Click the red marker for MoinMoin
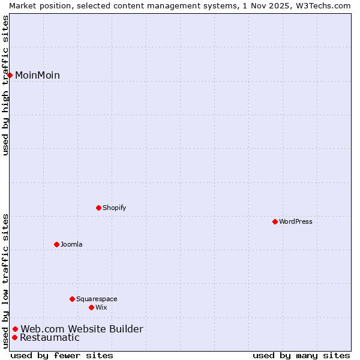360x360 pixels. pos(10,75)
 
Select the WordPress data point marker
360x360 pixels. pos(275,221)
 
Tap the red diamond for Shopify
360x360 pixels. pos(99,208)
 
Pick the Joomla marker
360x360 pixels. pos(57,244)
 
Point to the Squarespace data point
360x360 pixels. pos(73,299)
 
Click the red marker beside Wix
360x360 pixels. pos(92,307)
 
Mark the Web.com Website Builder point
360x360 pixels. pos(16,329)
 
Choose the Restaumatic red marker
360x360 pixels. pos(14,337)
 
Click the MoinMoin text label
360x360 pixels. pos(37,75)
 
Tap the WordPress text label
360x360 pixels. pos(296,221)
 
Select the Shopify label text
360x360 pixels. pos(114,208)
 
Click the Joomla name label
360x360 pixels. pos(71,244)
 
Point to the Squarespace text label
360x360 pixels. pos(97,299)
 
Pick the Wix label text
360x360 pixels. pos(101,307)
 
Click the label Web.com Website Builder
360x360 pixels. pos(82,329)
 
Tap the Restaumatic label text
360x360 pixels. pos(50,337)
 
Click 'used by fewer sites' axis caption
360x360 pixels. pos(62,355)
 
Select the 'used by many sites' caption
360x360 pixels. pos(301,355)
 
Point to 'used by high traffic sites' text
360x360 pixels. pos(5,85)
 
